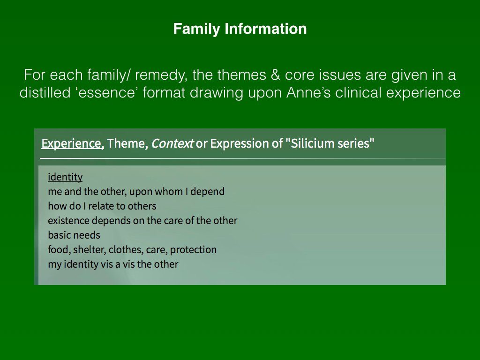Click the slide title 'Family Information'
pyautogui.click(x=240, y=29)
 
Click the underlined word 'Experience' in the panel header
pyautogui.click(x=73, y=143)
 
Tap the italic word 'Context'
pyautogui.click(x=172, y=143)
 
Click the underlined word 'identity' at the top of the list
pyautogui.click(x=65, y=177)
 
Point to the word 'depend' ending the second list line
pyautogui.click(x=207, y=192)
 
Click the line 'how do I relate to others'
pyautogui.click(x=102, y=206)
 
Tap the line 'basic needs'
pyautogui.click(x=74, y=235)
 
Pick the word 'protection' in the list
pyautogui.click(x=193, y=250)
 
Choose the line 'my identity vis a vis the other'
pyautogui.click(x=113, y=264)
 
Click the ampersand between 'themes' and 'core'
pyautogui.click(x=276, y=75)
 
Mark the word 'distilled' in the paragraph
pyautogui.click(x=45, y=93)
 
